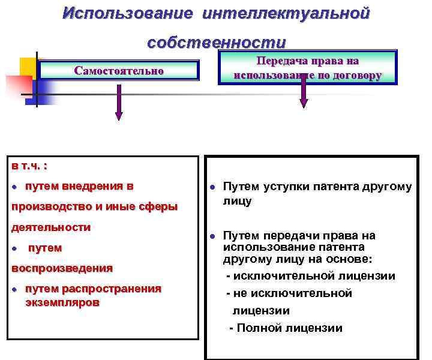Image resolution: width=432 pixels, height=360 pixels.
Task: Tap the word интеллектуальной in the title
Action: pos(286,13)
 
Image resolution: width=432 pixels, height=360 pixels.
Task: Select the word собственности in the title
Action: pos(217,43)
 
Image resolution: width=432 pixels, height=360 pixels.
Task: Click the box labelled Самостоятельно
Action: pos(119,70)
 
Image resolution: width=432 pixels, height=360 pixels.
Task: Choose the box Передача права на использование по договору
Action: pos(307,68)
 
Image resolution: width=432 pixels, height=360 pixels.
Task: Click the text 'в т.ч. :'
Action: pos(29,165)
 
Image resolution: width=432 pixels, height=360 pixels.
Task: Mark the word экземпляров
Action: pos(62,302)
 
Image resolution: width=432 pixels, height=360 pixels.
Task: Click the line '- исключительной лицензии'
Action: pos(310,276)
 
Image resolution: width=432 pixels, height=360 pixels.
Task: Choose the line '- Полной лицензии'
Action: pos(286,328)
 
